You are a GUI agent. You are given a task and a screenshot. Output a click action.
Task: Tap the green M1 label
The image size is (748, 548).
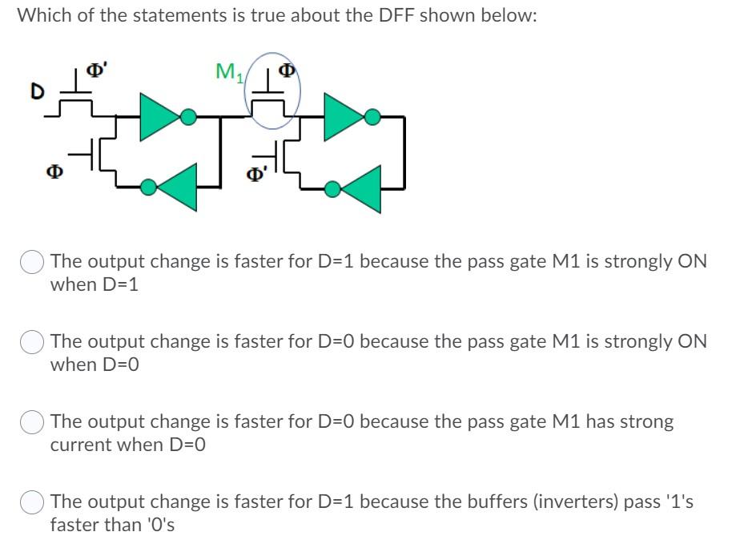pyautogui.click(x=229, y=73)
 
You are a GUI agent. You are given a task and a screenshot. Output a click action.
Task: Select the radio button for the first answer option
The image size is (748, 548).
pyautogui.click(x=33, y=263)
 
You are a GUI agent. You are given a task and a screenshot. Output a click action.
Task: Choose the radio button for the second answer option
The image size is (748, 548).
pyautogui.click(x=33, y=343)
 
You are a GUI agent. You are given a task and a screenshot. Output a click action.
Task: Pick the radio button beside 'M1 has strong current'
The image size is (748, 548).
pyautogui.click(x=33, y=423)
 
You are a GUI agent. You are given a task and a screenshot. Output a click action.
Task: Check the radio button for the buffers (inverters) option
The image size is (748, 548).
pyautogui.click(x=33, y=503)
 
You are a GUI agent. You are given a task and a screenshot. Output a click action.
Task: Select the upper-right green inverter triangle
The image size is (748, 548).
pyautogui.click(x=343, y=117)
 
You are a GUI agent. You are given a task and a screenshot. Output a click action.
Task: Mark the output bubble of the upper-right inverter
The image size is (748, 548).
pyautogui.click(x=372, y=117)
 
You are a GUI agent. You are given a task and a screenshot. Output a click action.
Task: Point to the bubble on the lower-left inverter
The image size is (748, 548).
pyautogui.click(x=148, y=187)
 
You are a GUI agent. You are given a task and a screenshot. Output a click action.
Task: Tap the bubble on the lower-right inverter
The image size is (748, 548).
pyautogui.click(x=332, y=187)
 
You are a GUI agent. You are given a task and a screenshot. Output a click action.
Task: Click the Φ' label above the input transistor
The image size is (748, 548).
pyautogui.click(x=96, y=71)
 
